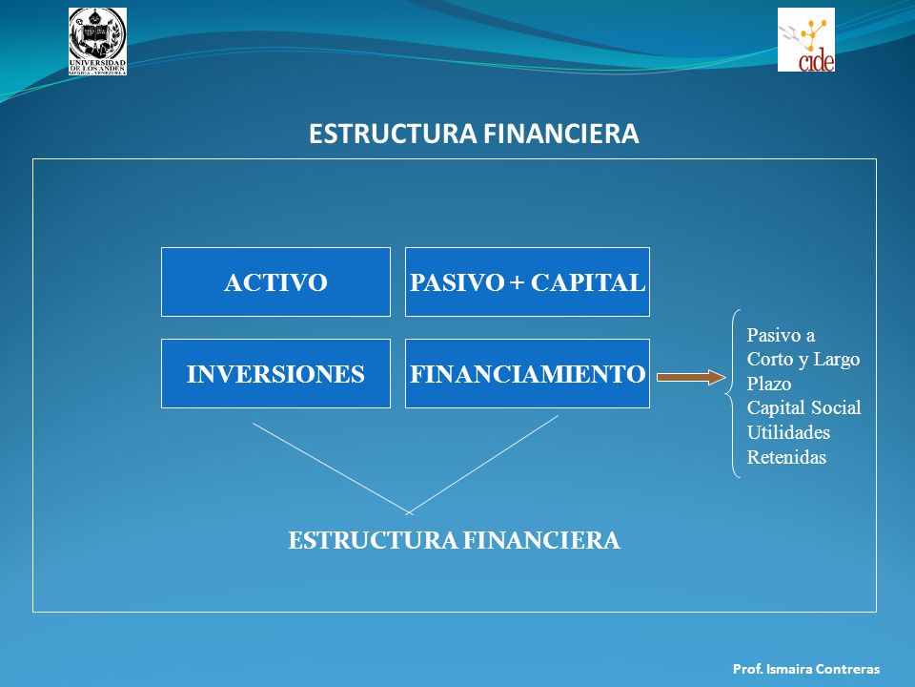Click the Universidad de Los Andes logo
point(97,41)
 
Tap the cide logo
point(806,40)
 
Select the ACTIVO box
point(275,282)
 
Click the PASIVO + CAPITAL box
point(527,282)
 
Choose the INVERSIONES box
point(275,373)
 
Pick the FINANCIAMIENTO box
point(527,373)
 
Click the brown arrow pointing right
point(691,378)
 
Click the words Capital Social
point(803,407)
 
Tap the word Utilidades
point(788,432)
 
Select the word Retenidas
point(786,457)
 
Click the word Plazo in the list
point(769,384)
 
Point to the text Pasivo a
point(781,335)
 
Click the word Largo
point(836,360)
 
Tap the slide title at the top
point(474,134)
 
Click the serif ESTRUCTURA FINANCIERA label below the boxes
point(454,540)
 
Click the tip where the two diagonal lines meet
point(409,513)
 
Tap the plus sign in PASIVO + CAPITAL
point(517,283)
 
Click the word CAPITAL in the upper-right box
point(588,282)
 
